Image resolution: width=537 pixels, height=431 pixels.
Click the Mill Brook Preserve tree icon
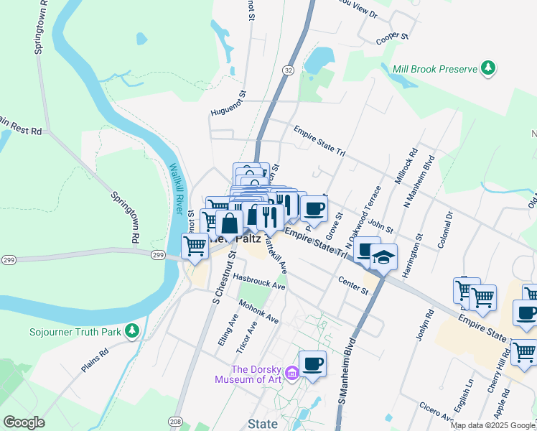coord(489,68)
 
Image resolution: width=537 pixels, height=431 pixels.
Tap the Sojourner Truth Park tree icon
coord(131,331)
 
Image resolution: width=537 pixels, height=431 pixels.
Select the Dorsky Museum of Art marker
coord(291,373)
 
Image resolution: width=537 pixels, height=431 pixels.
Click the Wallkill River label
coord(175,189)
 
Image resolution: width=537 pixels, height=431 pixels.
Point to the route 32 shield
coord(287,70)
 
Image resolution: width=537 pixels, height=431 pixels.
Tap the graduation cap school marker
coord(384,257)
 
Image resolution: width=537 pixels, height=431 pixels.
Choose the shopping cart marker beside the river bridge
coord(195,246)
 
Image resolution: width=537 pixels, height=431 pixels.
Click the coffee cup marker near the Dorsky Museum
coord(312,363)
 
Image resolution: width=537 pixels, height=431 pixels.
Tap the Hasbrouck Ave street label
coord(259,282)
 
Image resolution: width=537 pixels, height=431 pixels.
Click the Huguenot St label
coord(228,113)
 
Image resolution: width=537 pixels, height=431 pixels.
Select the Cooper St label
coord(392,36)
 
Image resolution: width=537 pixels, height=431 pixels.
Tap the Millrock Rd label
coord(406,165)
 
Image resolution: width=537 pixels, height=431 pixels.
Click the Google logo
coord(24,422)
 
